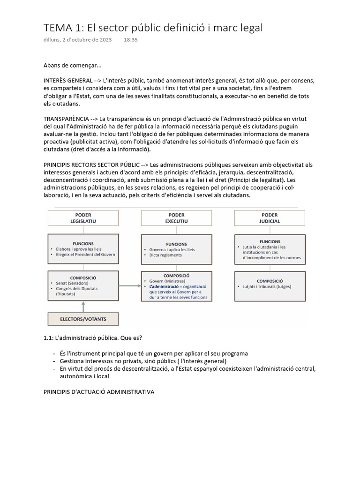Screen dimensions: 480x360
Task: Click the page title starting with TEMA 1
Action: pos(153,28)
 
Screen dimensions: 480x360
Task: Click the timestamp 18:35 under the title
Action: pos(131,40)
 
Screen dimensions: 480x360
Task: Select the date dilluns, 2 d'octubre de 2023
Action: pos(77,40)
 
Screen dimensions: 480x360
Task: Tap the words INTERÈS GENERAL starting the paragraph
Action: pos(67,81)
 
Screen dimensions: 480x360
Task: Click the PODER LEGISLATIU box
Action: pos(83,218)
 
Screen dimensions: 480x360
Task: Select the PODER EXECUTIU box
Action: pos(176,218)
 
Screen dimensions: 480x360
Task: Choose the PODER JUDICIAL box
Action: pos(270,218)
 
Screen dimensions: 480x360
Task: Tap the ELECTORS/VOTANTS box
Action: pos(83,319)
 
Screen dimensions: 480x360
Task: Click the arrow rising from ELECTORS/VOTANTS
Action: pos(83,307)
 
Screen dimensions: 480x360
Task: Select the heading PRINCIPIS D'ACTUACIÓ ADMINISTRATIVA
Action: pos(98,391)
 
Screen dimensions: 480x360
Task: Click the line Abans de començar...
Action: pos(72,65)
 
